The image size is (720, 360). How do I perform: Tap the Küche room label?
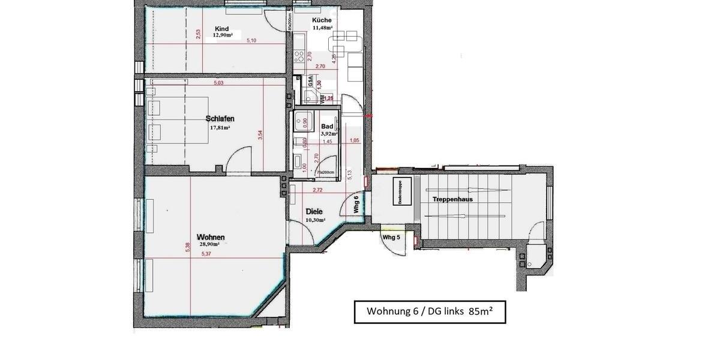click(x=322, y=20)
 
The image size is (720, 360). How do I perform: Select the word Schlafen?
click(x=220, y=118)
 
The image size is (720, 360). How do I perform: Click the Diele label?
click(x=314, y=212)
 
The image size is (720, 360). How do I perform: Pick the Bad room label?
click(x=327, y=127)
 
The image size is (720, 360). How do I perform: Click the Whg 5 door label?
click(x=391, y=238)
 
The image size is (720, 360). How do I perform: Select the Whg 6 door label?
click(x=356, y=205)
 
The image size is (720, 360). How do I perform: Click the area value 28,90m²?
click(x=209, y=245)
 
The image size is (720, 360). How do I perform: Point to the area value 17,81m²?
click(x=220, y=128)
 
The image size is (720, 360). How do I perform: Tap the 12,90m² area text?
click(x=223, y=35)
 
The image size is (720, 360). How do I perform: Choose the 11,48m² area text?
click(x=322, y=28)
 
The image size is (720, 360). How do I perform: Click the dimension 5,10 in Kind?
click(x=252, y=41)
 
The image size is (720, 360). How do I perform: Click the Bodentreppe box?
click(x=401, y=193)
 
